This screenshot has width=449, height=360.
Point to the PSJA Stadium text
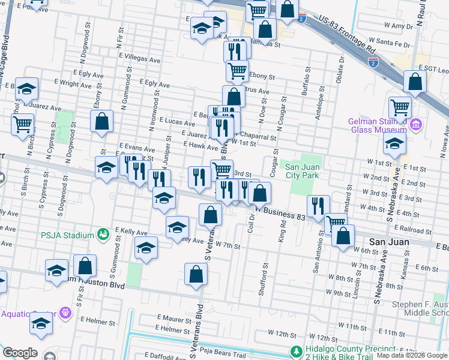pyautogui.click(x=67, y=235)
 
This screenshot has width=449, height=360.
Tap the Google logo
pyautogui.click(x=20, y=352)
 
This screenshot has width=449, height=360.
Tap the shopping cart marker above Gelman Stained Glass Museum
pyautogui.click(x=399, y=109)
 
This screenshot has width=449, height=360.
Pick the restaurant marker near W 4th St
pyautogui.click(x=318, y=206)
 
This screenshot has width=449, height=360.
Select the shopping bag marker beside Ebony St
pyautogui.click(x=102, y=121)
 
